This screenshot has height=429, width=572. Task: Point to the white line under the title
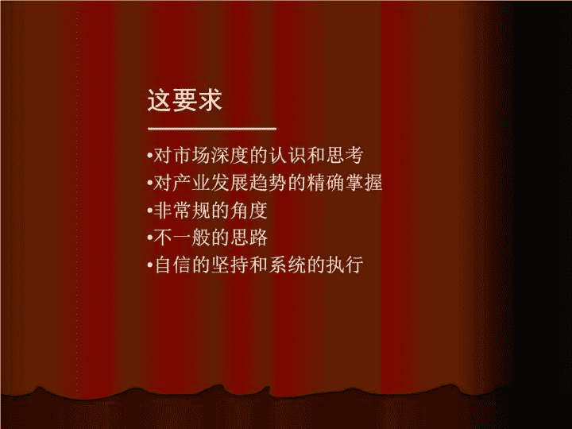pos(212,129)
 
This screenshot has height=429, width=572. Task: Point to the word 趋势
pos(268,183)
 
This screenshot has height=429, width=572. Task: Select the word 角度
pos(249,211)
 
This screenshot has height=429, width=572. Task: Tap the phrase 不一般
pos(181,238)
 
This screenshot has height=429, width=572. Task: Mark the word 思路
pos(249,238)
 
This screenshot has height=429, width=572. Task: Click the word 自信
pos(172,265)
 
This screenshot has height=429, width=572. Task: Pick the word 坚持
pos(230,265)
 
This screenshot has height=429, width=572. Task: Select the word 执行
pos(344,265)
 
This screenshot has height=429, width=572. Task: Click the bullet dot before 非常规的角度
pos(149,211)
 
